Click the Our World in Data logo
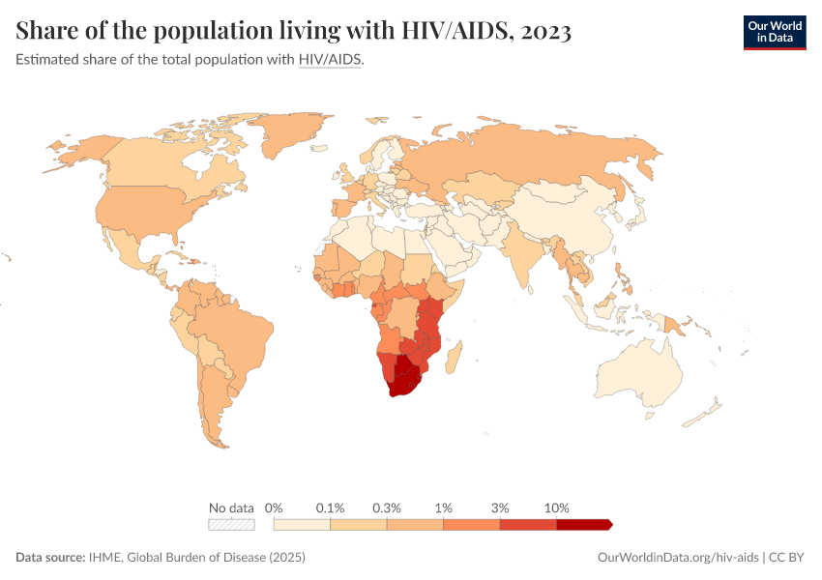click(774, 32)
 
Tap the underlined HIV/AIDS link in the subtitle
click(330, 60)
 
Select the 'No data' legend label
click(231, 507)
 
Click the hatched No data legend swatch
click(231, 525)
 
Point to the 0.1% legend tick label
click(331, 507)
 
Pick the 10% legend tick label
click(557, 507)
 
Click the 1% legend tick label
click(444, 507)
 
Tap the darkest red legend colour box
click(583, 525)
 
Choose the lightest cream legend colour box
click(302, 525)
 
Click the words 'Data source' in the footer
click(49, 558)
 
